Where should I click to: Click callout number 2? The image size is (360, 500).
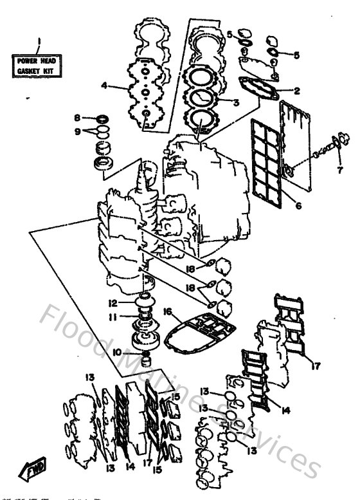click(x=297, y=91)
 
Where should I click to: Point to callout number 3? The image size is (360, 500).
click(x=236, y=102)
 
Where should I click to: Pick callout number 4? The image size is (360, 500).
click(x=104, y=85)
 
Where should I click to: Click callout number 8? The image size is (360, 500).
click(x=76, y=118)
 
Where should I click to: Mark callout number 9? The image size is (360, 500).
click(x=76, y=132)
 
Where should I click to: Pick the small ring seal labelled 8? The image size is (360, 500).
click(x=102, y=118)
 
